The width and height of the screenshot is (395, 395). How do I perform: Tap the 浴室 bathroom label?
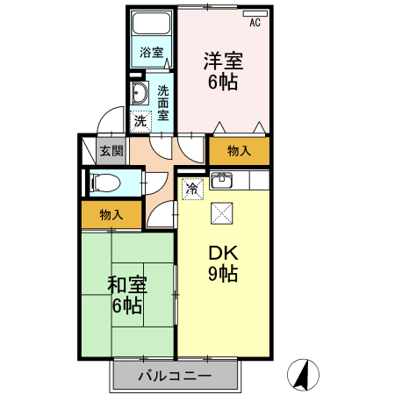point(152,53)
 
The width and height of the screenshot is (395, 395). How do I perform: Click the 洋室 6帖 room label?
point(223,71)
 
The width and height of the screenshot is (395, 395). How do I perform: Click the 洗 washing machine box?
point(140,120)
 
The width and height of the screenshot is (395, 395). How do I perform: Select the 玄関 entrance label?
point(110,151)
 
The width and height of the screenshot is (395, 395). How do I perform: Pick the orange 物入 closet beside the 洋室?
point(239,151)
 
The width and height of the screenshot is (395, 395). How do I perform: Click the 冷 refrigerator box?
point(192,187)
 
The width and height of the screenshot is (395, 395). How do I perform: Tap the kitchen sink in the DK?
point(221,182)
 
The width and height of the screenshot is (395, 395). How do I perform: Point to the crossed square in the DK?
point(220,212)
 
